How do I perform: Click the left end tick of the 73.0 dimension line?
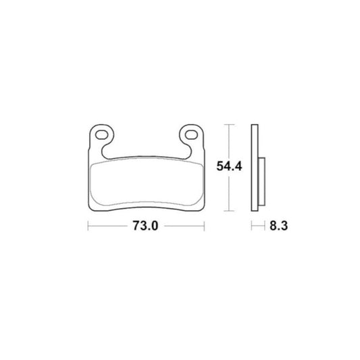coord(88,226)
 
